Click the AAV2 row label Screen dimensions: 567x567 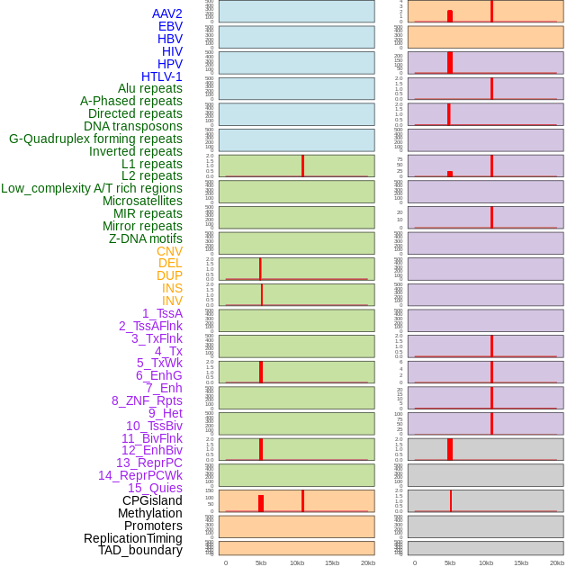pyautogui.click(x=167, y=13)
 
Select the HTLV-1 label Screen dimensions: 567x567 pyautogui.click(x=162, y=76)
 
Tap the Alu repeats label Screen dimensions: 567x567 pyautogui.click(x=150, y=88)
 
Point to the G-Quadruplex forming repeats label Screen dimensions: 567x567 pyautogui.click(x=95, y=139)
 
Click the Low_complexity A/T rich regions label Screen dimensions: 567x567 pyautogui.click(x=92, y=188)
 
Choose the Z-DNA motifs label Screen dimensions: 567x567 pyautogui.click(x=146, y=238)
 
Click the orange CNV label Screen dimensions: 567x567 pyautogui.click(x=169, y=251)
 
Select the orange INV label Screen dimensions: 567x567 pyautogui.click(x=172, y=301)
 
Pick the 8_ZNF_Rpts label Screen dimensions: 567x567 pyautogui.click(x=147, y=400)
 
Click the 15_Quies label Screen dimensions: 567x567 pyautogui.click(x=155, y=488)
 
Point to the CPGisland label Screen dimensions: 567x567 pyautogui.click(x=152, y=500)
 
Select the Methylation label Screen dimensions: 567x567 pyautogui.click(x=149, y=513)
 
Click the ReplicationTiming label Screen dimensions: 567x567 pyautogui.click(x=133, y=538)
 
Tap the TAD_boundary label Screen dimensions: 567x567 pyautogui.click(x=140, y=550)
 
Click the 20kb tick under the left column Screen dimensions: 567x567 pyautogui.click(x=368, y=562)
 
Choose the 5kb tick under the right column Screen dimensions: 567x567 pyautogui.click(x=450, y=562)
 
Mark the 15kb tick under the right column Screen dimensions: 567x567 pyautogui.click(x=521, y=562)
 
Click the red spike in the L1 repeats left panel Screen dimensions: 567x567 pyautogui.click(x=302, y=166)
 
